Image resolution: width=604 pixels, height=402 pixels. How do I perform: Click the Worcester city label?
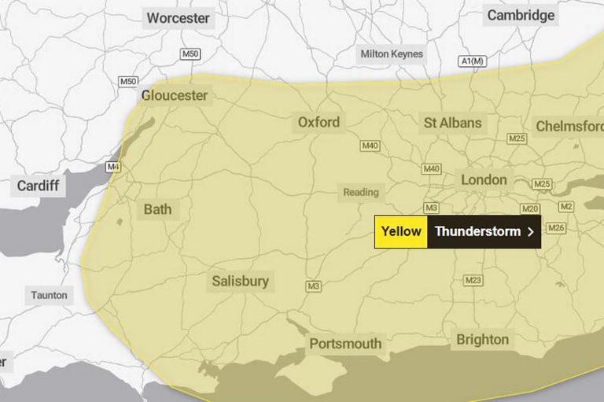178,17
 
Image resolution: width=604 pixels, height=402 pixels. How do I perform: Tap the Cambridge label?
521,15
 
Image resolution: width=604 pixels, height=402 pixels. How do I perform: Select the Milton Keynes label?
392,54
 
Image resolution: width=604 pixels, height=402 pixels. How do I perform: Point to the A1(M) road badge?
473,61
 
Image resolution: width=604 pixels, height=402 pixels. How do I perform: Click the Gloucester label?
175,95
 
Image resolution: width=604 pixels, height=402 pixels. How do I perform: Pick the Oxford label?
319,122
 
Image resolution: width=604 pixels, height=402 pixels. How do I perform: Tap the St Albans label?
452,123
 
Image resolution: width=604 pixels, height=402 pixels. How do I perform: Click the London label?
484,179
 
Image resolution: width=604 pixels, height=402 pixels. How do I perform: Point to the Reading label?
361,192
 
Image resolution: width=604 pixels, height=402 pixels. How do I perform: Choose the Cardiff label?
37,186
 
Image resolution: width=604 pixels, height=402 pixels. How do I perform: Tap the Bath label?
157,210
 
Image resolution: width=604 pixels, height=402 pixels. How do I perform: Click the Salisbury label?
240,281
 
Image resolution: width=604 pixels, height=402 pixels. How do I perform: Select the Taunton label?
50,296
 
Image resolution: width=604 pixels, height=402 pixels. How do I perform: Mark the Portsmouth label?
345,344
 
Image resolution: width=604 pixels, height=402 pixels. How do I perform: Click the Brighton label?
482,340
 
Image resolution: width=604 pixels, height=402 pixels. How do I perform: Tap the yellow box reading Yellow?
401,232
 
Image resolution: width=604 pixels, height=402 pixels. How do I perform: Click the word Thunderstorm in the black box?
477,232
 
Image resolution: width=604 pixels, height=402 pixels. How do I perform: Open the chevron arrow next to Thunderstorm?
531,232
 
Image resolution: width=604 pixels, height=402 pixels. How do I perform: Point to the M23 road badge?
473,280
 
